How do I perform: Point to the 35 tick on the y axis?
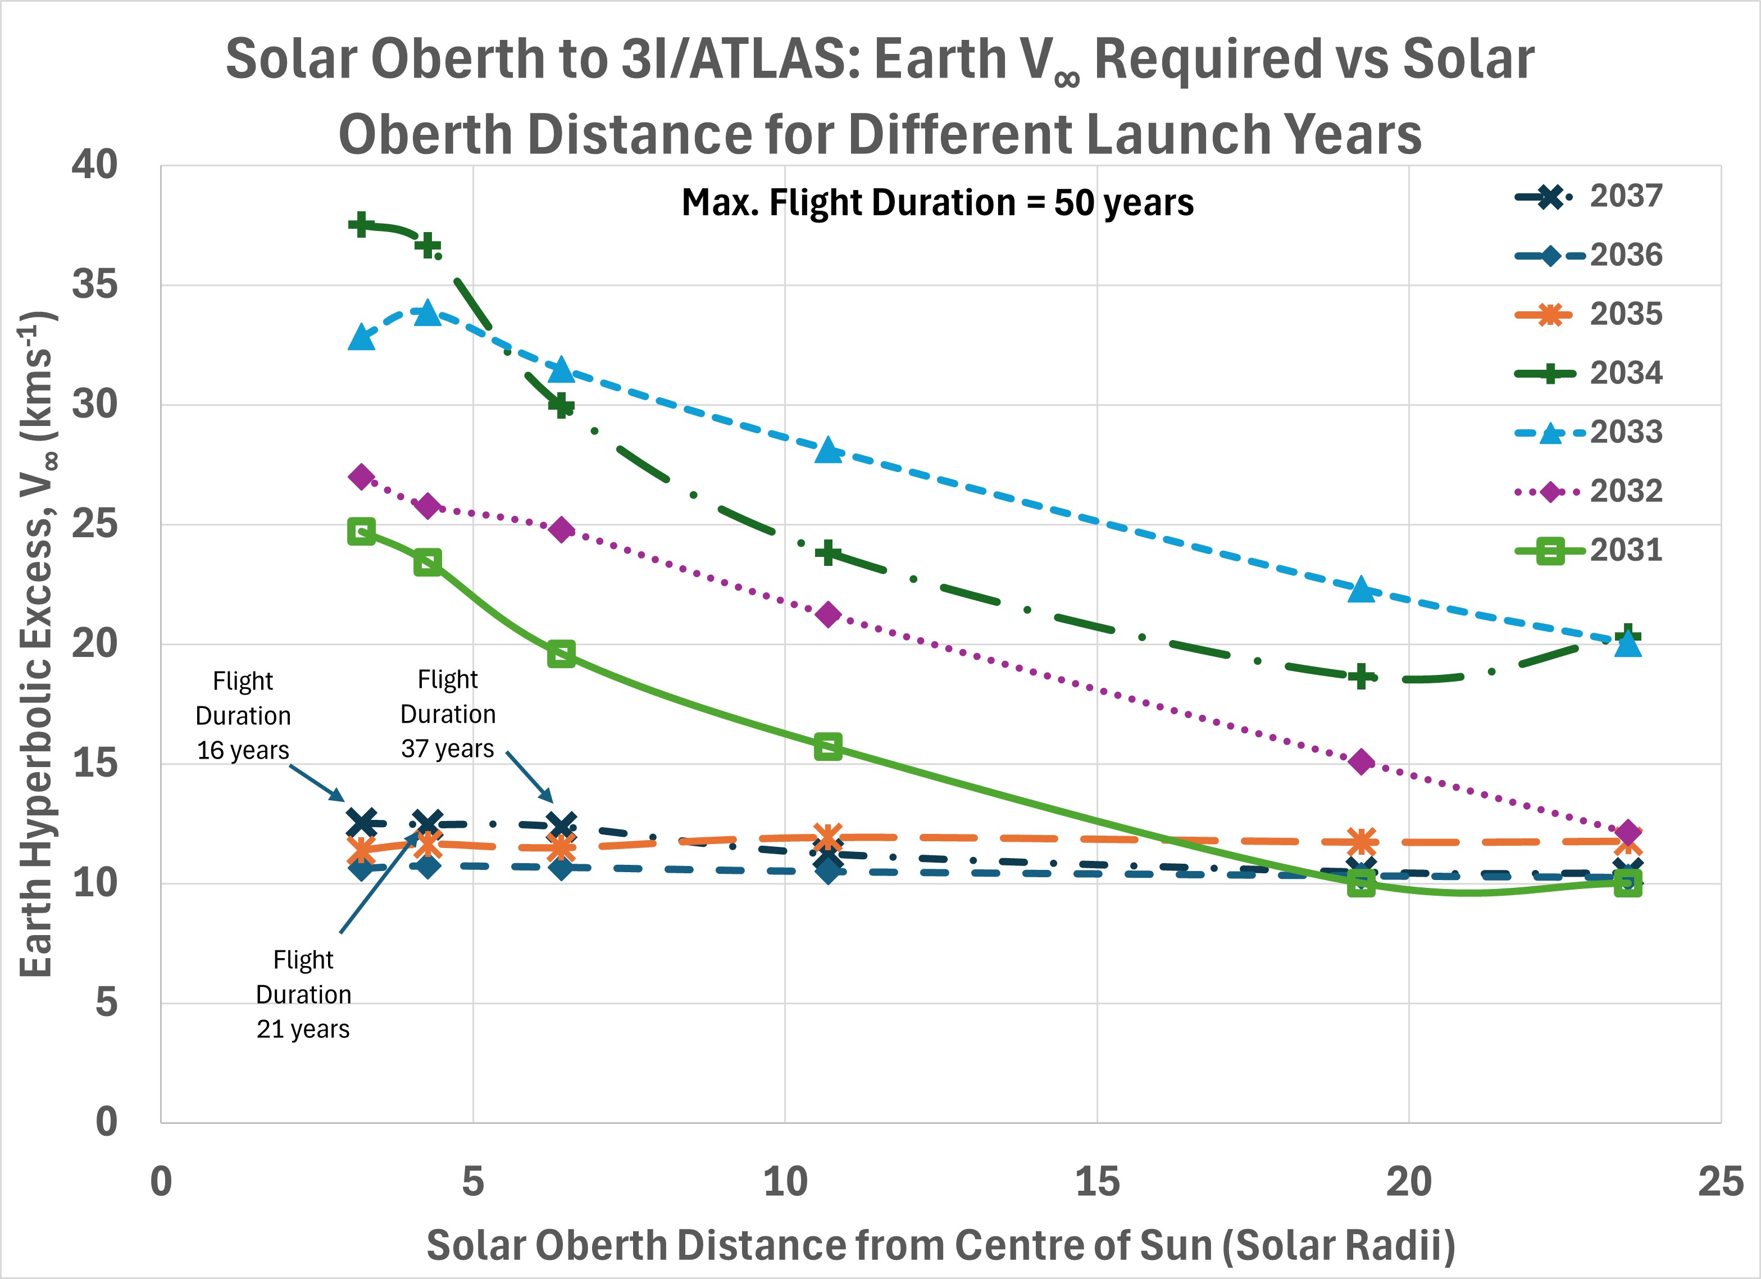[x=95, y=285]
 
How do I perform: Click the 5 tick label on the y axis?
[x=106, y=1003]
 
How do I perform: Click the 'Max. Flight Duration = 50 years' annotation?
[x=937, y=203]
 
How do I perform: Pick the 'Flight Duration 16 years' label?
[x=243, y=715]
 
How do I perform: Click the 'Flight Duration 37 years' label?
[x=448, y=714]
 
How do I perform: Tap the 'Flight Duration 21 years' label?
[x=303, y=994]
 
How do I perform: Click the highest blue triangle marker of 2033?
[x=427, y=313]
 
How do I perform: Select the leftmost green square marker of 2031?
[x=361, y=532]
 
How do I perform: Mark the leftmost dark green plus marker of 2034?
[x=361, y=225]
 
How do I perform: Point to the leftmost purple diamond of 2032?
[x=361, y=477]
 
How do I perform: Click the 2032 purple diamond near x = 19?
[x=1360, y=762]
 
